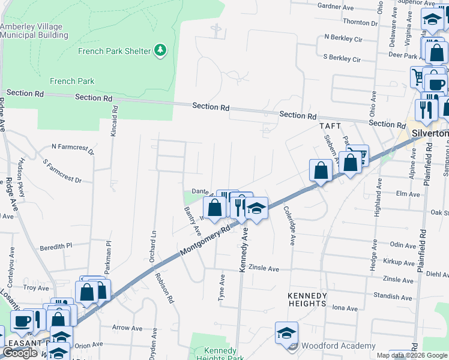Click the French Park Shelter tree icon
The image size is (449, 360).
[x=160, y=50]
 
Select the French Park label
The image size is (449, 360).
[x=72, y=81]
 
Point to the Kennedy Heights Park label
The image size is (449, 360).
[x=216, y=354]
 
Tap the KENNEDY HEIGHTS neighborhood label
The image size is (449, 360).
[x=306, y=299]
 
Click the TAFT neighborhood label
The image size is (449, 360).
[x=330, y=126]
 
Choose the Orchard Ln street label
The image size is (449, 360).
[x=152, y=246]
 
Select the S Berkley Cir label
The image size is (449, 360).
[x=342, y=59]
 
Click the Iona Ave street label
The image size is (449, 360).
[x=345, y=308]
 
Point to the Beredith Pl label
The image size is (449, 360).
[x=56, y=245]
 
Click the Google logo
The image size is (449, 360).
[x=20, y=353]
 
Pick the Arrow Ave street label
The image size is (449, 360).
[x=127, y=328]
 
